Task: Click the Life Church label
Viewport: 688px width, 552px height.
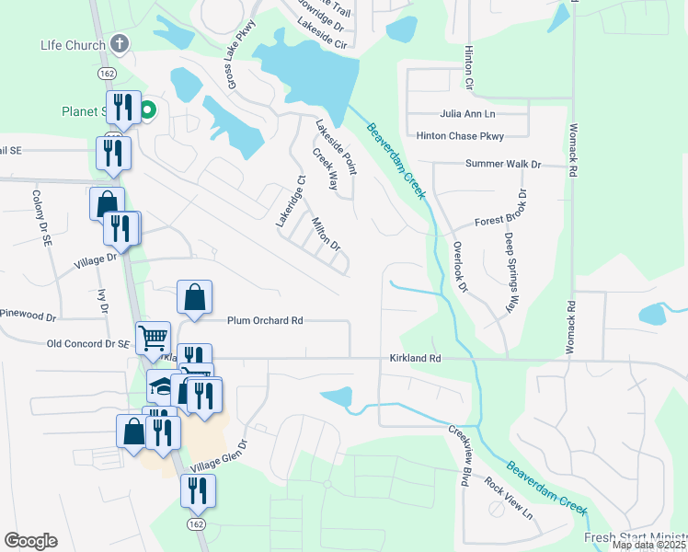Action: tap(71, 44)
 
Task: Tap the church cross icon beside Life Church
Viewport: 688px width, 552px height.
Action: tap(118, 43)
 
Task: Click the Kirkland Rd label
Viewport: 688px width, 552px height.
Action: tap(416, 358)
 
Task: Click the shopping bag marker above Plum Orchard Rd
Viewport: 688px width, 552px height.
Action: tap(194, 297)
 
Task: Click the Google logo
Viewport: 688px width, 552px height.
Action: tap(30, 541)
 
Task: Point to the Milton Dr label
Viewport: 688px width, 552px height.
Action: tap(326, 234)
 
